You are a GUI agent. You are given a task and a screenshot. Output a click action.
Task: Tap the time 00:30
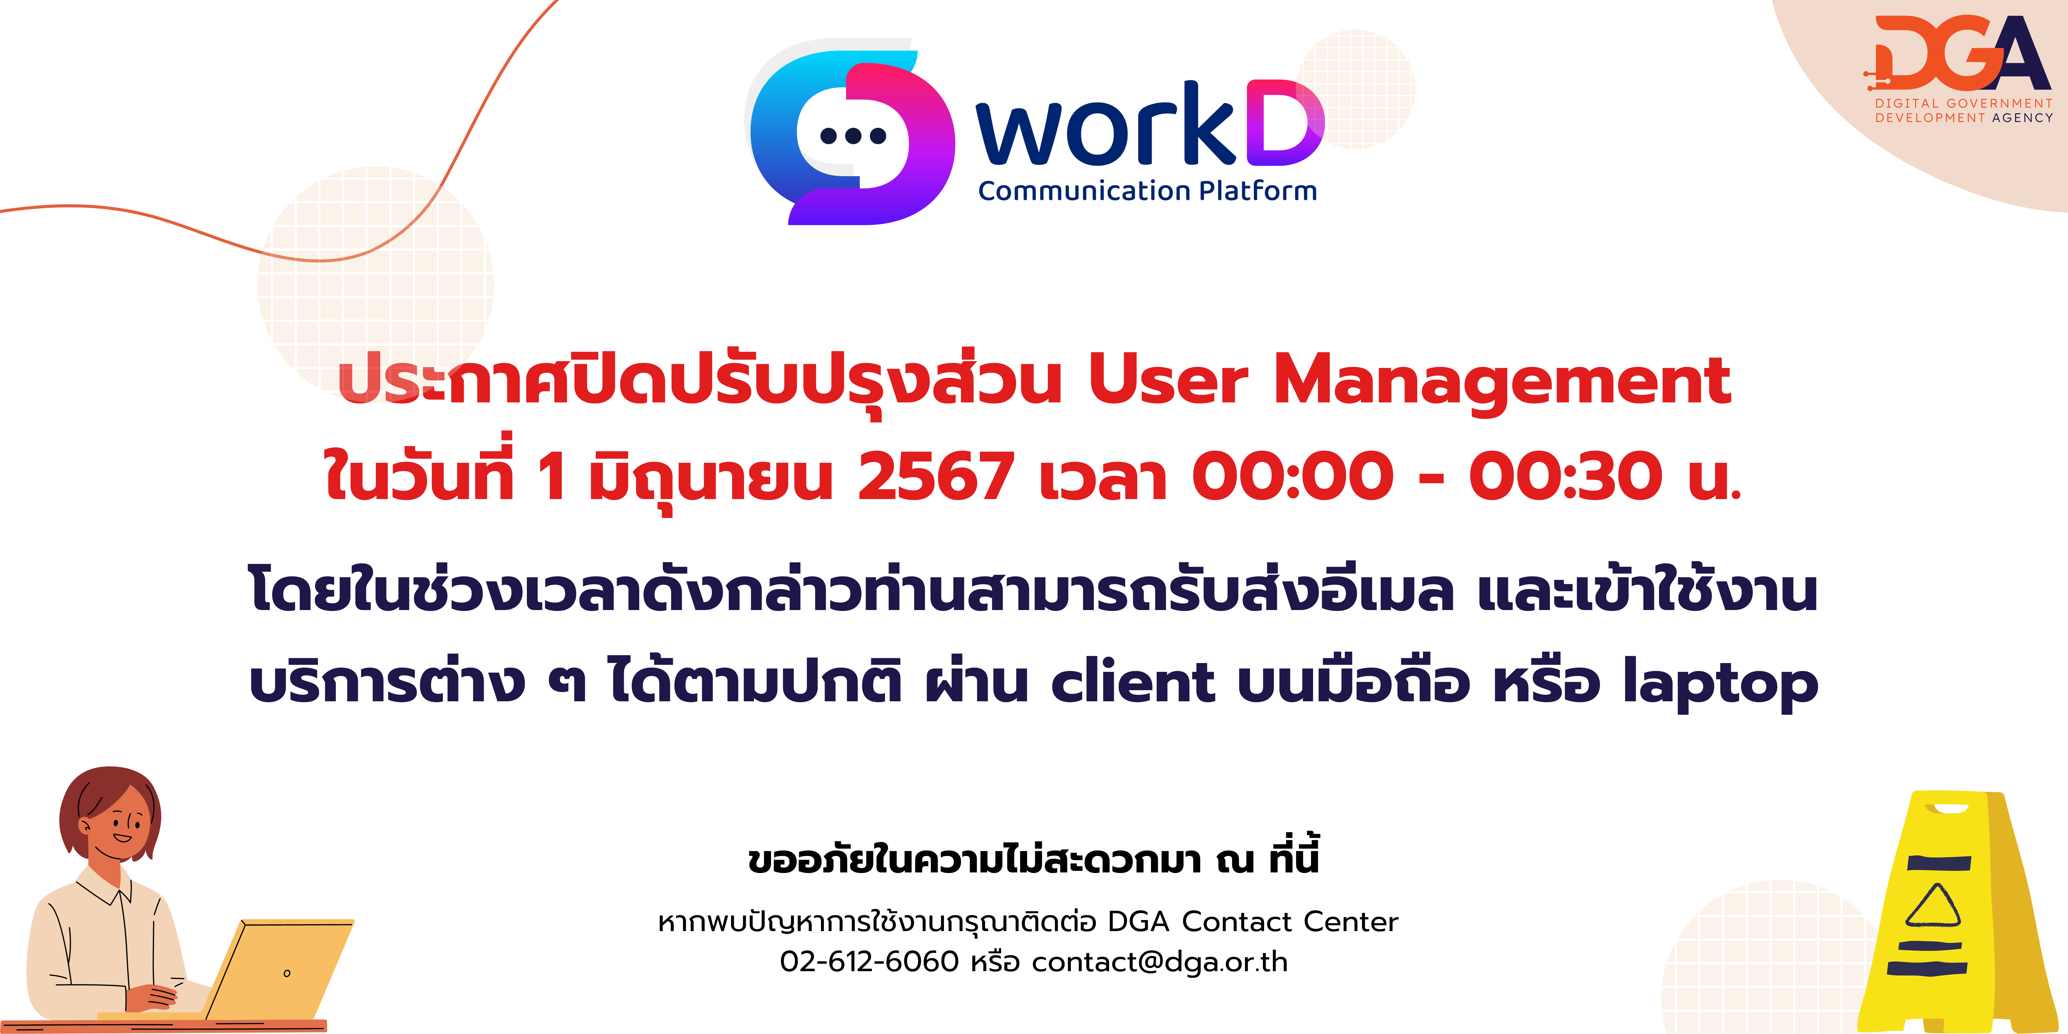(1565, 476)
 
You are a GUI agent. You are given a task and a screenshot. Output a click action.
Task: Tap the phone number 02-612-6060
(869, 961)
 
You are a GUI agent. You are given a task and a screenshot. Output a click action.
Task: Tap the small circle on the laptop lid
(287, 973)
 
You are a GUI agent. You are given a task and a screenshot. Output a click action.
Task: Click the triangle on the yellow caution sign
(1933, 906)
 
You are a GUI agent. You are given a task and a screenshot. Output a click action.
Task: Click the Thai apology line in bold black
(1034, 857)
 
